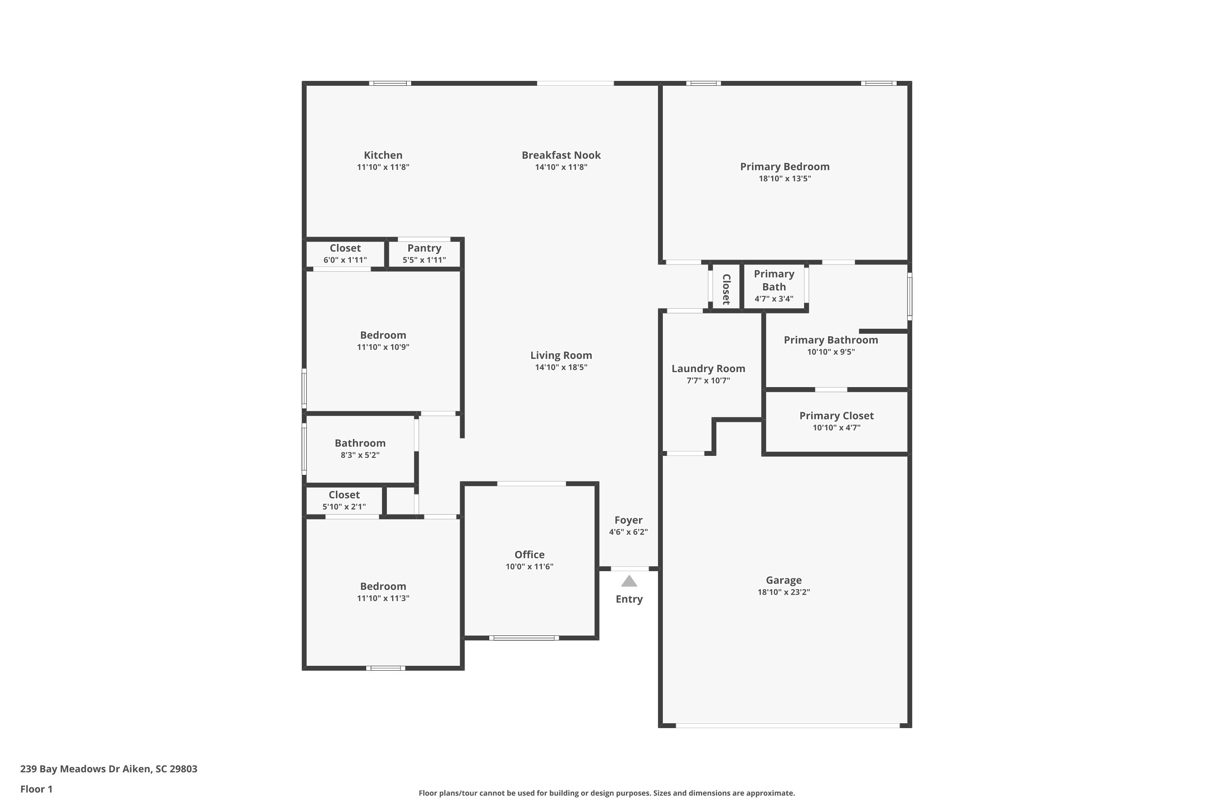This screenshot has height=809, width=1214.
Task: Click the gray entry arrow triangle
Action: [629, 582]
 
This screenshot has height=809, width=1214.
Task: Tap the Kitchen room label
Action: [383, 155]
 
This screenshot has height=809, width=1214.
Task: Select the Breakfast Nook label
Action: [561, 155]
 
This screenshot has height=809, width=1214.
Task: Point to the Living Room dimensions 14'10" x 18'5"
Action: [561, 367]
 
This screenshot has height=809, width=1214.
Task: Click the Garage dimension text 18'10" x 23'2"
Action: [783, 592]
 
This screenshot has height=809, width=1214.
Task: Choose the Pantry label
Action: [424, 248]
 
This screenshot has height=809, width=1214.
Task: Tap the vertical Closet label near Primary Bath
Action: [726, 290]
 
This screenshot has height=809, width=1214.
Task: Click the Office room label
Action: [530, 555]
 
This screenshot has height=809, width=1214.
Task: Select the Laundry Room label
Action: [708, 369]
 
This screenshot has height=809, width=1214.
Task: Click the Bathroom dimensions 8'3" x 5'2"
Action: [360, 455]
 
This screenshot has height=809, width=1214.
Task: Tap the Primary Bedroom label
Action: [785, 167]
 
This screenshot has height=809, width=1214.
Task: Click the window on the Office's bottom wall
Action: [524, 638]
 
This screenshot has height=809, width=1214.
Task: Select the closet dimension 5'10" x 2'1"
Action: [344, 507]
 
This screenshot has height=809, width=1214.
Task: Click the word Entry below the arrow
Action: [629, 599]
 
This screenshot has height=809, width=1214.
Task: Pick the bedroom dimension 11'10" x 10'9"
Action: [383, 347]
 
